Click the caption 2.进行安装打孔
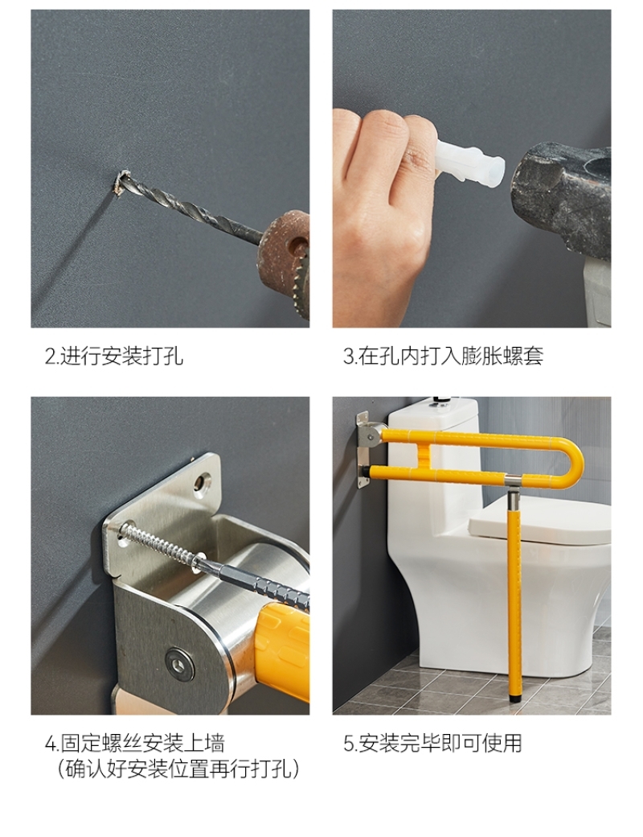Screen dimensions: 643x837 tap(113, 356)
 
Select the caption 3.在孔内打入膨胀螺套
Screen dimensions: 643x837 tap(443, 356)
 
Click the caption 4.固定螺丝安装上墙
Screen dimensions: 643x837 tap(135, 743)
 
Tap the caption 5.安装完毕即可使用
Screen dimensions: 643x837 tap(432, 743)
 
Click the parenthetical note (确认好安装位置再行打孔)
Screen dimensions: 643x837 tap(178, 769)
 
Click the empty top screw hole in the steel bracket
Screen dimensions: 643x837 tap(202, 482)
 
